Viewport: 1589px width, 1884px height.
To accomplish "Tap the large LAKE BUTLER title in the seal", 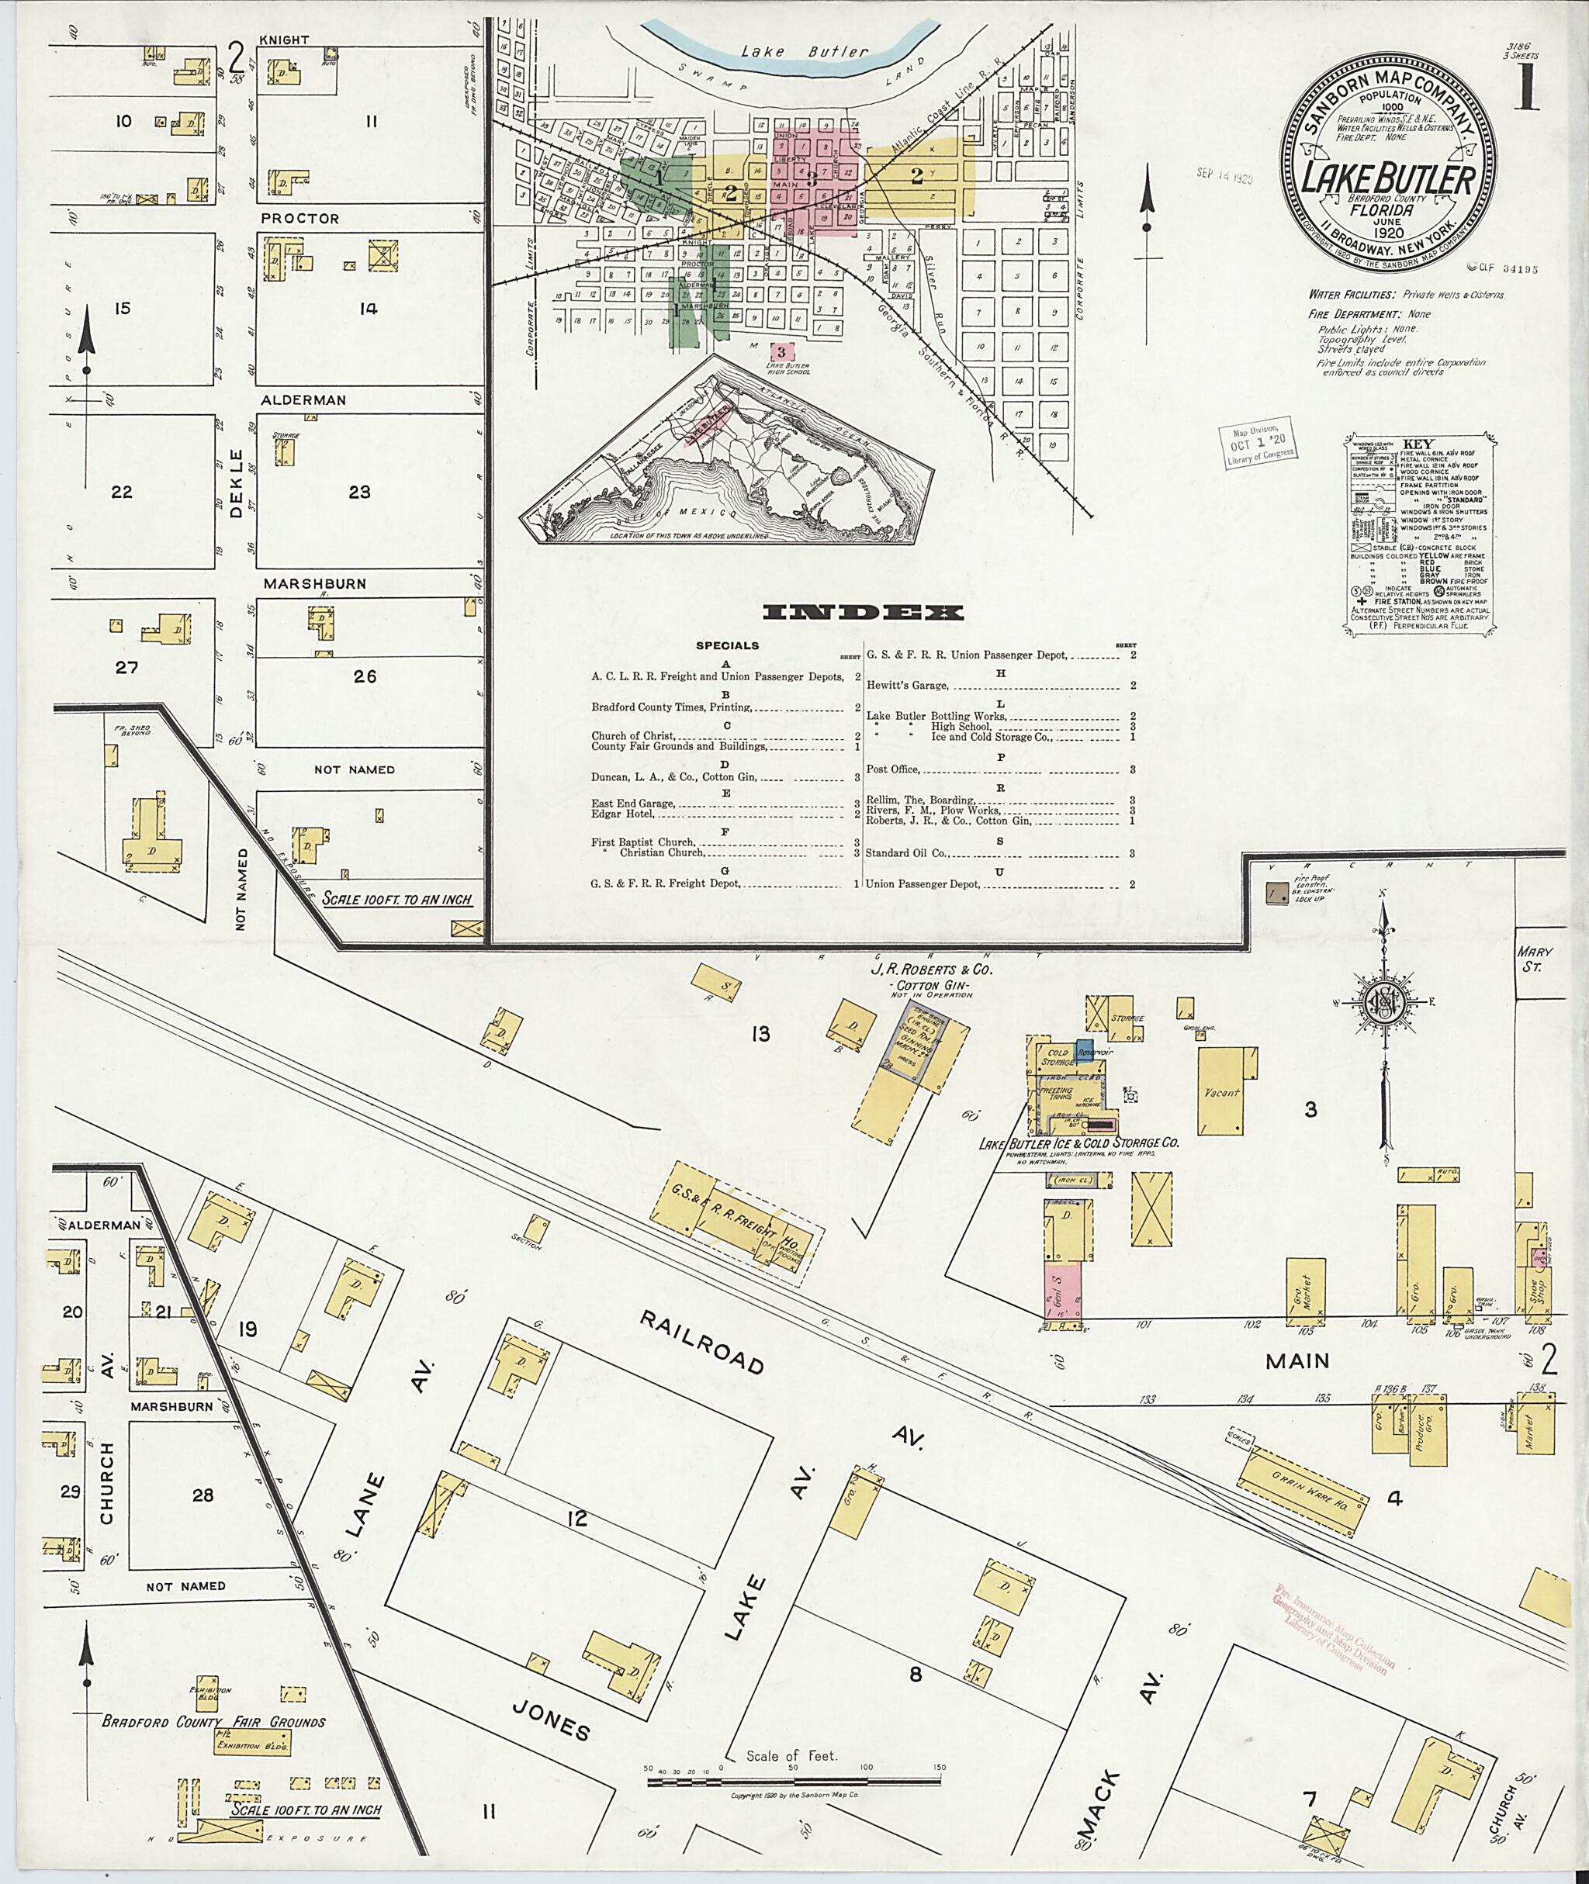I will tap(1387, 178).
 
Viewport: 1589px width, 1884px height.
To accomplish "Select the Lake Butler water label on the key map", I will tap(805, 51).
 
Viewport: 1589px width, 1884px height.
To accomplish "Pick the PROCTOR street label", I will tap(300, 219).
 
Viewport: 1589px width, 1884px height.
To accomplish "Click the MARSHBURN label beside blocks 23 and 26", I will tap(314, 583).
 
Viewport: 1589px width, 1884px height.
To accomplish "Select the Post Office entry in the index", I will tap(891, 770).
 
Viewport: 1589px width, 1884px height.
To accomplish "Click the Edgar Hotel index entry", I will tap(622, 814).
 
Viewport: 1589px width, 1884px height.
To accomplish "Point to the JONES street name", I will tap(552, 1726).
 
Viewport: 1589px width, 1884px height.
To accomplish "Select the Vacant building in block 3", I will tap(1221, 1092).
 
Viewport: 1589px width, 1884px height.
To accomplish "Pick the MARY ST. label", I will tap(1529, 959).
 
